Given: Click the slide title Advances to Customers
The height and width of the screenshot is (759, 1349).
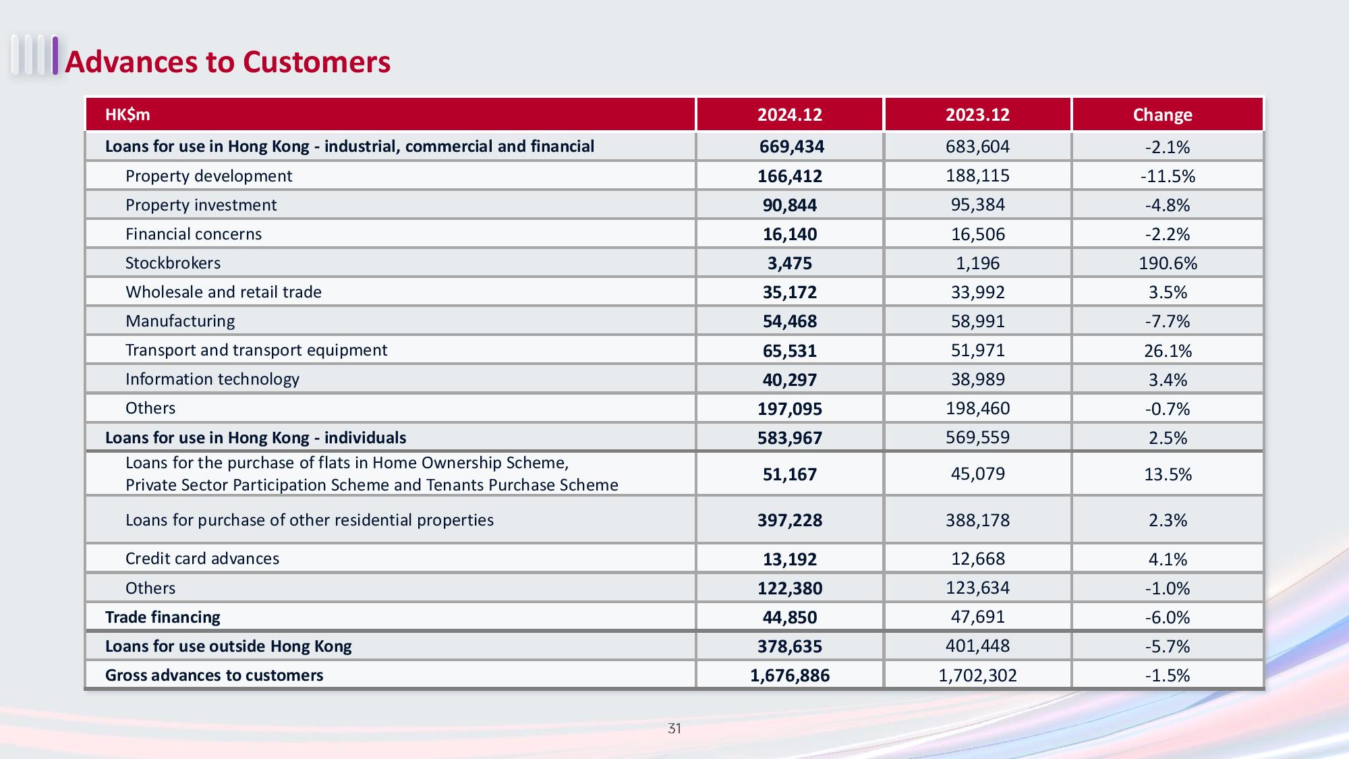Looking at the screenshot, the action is coord(228,61).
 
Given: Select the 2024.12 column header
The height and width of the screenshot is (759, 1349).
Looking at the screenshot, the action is coord(790,115).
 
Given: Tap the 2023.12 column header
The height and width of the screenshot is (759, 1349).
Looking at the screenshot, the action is coord(977,115).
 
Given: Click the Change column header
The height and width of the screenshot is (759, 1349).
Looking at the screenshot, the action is coord(1162,115).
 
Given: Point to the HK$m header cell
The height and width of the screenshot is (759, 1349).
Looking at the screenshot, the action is coord(127,115).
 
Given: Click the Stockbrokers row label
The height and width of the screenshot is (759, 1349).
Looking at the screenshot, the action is coord(173,263).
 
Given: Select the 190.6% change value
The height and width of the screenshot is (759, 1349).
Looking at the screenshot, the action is coord(1168,263).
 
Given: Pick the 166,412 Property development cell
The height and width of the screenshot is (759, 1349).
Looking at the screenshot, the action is coord(790,176).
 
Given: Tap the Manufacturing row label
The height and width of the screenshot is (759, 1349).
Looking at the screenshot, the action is coord(180,321).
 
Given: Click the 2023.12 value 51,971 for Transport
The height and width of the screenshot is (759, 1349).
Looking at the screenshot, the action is coord(977,350).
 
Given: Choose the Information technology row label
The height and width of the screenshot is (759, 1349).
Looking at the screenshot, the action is coord(212,379).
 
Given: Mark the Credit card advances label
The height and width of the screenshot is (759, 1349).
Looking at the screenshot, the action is coord(202,559).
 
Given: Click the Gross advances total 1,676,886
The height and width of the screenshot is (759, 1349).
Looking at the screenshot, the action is coord(790,675).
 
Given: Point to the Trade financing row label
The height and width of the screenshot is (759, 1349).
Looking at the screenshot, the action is coord(163,617).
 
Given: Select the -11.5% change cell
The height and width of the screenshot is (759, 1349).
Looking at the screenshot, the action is coord(1168,176).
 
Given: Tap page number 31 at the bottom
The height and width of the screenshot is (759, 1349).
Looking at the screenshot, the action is coord(674,729).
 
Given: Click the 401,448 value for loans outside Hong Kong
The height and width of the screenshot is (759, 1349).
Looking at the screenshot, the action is coord(977,646).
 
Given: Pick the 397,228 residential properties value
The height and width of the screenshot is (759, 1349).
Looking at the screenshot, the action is coord(790,520).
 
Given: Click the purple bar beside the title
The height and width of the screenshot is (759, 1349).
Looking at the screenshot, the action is coord(55,55).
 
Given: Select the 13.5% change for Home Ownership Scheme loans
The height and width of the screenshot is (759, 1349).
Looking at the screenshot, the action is coord(1168,474).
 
